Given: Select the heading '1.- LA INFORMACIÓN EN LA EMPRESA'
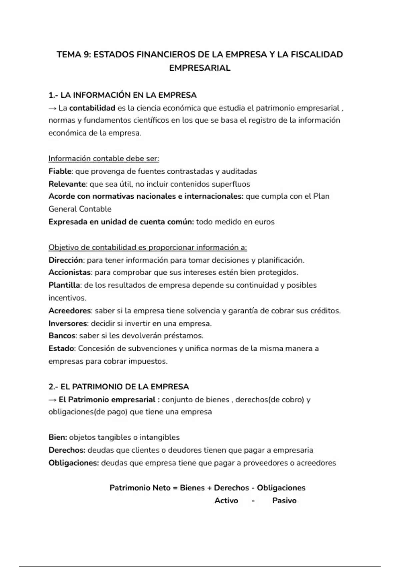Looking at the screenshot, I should (x=122, y=95).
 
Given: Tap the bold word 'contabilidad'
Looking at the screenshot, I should (x=92, y=108).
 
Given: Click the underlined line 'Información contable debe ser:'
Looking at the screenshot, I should (x=104, y=159).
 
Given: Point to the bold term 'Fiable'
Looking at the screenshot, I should (x=60, y=171).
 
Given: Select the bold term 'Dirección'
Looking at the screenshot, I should (x=66, y=260).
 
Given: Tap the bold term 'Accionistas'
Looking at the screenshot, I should (x=69, y=272).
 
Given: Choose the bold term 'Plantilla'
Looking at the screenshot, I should (x=64, y=285).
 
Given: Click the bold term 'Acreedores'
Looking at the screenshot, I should (x=69, y=311).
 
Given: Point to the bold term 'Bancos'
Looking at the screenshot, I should (x=62, y=336).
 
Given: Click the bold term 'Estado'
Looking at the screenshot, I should (x=61, y=349).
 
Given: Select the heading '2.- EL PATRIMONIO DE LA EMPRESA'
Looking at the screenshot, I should (x=119, y=387).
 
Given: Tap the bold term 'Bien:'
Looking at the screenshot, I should (x=58, y=437).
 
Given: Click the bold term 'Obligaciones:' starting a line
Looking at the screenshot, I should (x=74, y=463).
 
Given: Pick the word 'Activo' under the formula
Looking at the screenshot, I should (x=226, y=501).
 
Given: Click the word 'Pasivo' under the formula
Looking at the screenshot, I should (x=284, y=501).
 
